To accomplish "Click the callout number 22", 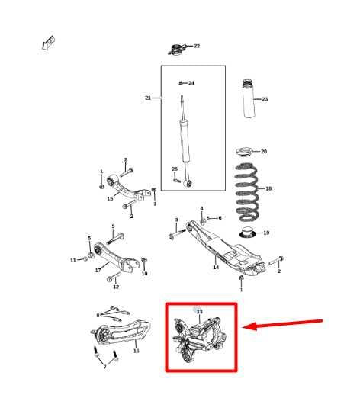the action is (197, 46).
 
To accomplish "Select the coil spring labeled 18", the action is (246, 192).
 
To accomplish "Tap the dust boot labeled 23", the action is (249, 98).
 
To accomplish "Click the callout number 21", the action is (148, 98).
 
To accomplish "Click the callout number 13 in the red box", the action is (200, 311).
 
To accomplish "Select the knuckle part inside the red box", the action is (200, 339).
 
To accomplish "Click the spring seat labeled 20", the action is (244, 153).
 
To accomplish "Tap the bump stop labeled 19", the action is (248, 233).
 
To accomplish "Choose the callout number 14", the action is (216, 267).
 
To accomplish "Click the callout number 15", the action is (110, 199).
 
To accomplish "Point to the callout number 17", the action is (98, 270).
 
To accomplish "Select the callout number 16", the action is (136, 351).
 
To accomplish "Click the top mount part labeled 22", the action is (178, 50).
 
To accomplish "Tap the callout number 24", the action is (191, 83).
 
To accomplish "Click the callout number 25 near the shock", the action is (175, 169).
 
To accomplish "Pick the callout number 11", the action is (73, 260).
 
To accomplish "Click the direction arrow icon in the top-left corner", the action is (49, 43).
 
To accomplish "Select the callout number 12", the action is (116, 287).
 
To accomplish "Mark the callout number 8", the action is (98, 316).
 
